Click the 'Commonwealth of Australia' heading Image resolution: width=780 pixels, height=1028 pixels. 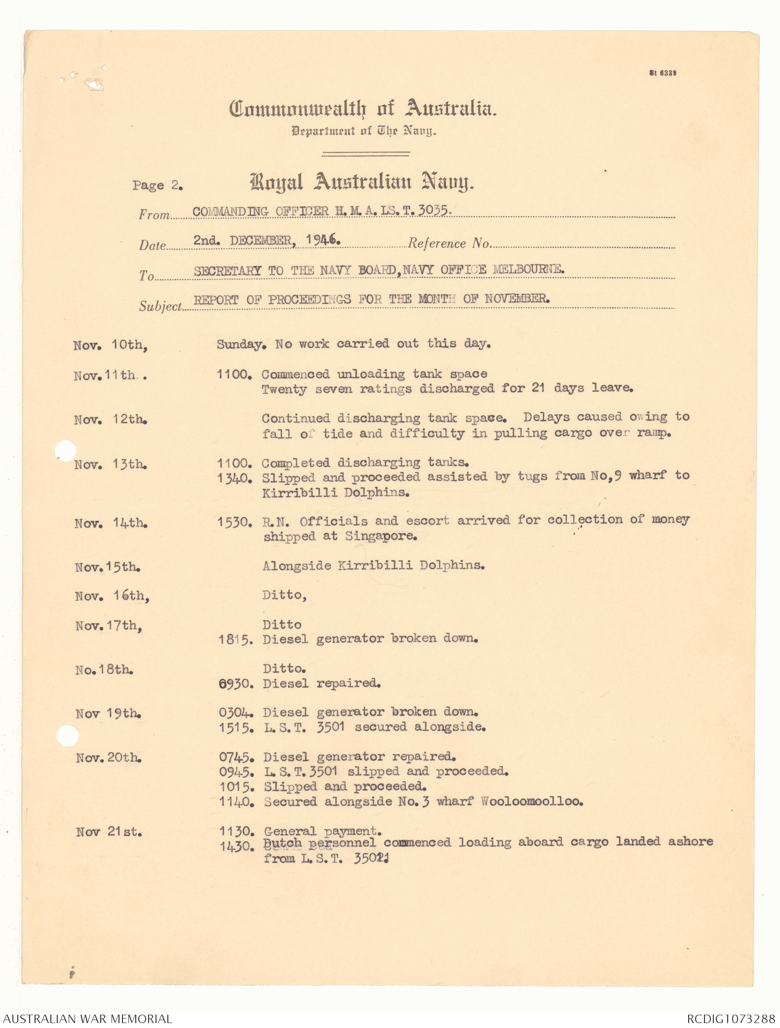pyautogui.click(x=362, y=109)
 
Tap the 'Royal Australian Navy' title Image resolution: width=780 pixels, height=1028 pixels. pyautogui.click(x=362, y=183)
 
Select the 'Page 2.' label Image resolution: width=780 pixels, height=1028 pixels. pyautogui.click(x=157, y=186)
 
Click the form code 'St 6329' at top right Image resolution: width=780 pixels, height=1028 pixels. pyautogui.click(x=663, y=73)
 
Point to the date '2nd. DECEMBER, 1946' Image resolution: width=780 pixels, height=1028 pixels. pyautogui.click(x=267, y=240)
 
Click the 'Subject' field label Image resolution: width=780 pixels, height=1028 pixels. pyautogui.click(x=160, y=307)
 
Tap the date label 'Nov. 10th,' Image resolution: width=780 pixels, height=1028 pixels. pyautogui.click(x=111, y=345)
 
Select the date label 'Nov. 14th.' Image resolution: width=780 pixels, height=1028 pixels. pyautogui.click(x=111, y=523)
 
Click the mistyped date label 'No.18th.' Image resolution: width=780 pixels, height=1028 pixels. pyautogui.click(x=104, y=670)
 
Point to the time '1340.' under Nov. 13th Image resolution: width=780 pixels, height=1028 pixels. pyautogui.click(x=235, y=478)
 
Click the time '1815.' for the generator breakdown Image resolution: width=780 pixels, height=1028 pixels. pyautogui.click(x=236, y=639)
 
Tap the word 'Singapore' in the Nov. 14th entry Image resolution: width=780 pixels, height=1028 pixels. pyautogui.click(x=381, y=536)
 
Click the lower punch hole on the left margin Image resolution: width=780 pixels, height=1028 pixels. pyautogui.click(x=67, y=736)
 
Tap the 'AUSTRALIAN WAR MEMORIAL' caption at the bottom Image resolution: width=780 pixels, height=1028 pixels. pyautogui.click(x=87, y=1019)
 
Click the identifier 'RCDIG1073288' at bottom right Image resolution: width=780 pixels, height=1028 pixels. pyautogui.click(x=731, y=1019)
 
